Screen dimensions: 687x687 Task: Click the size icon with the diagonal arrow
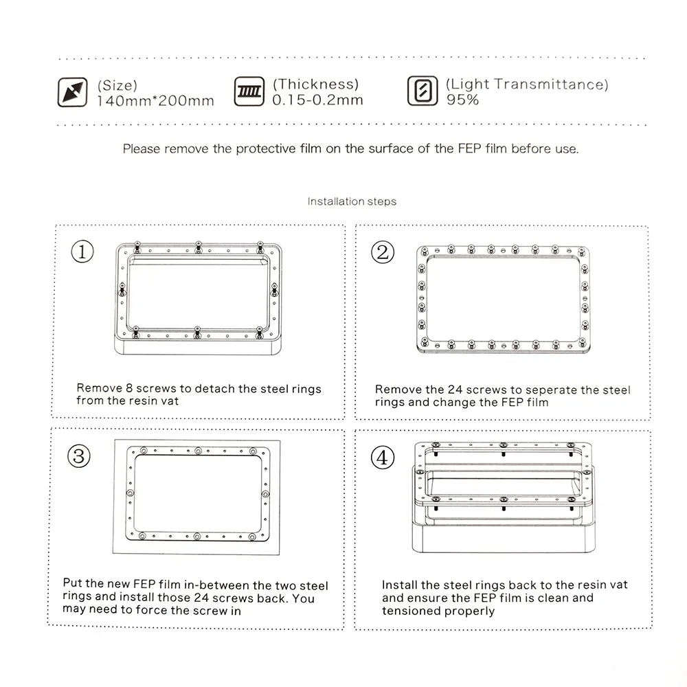72,92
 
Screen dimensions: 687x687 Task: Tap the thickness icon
249,91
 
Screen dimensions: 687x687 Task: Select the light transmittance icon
423,91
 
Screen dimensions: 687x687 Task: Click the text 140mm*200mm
155,101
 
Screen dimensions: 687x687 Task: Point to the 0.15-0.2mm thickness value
317,100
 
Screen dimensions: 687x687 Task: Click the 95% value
462,100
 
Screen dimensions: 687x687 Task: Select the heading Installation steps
352,201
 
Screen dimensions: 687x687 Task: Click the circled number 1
82,251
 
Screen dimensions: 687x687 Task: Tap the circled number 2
383,252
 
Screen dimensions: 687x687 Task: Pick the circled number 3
79,456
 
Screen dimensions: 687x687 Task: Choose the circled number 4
383,458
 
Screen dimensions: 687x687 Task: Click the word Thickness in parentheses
316,84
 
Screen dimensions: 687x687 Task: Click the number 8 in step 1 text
129,388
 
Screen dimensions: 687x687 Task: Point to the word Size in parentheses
117,85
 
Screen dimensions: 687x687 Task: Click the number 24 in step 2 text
455,390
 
